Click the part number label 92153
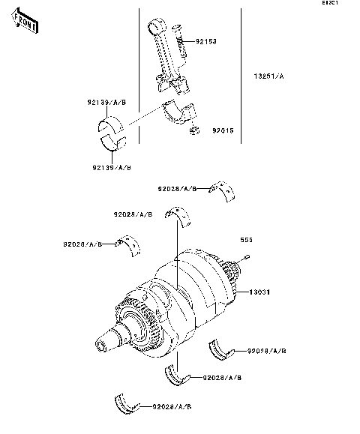(x=206, y=42)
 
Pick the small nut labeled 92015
(x=193, y=132)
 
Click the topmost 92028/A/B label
(x=177, y=190)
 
